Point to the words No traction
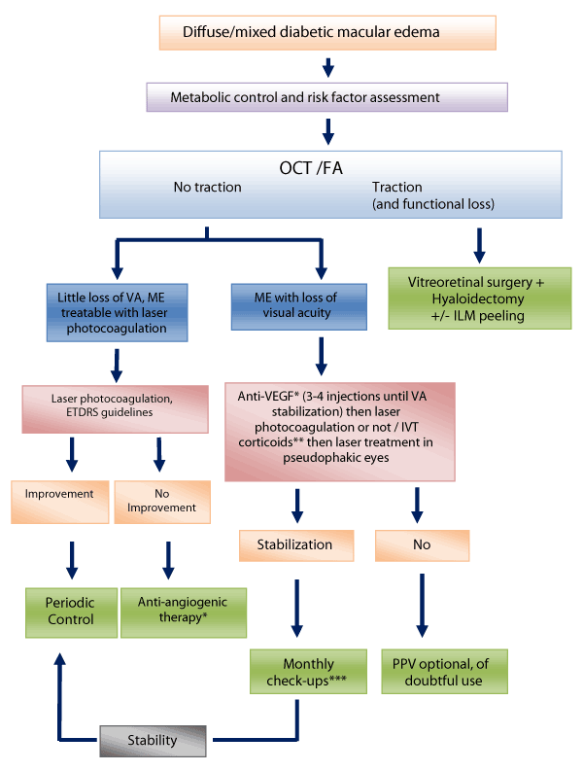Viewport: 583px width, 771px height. [x=207, y=186]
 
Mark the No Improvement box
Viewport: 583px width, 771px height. [x=161, y=500]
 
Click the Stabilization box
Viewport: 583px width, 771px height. [x=296, y=544]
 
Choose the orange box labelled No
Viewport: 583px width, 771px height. [x=422, y=544]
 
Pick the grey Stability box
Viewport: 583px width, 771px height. [x=153, y=741]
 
